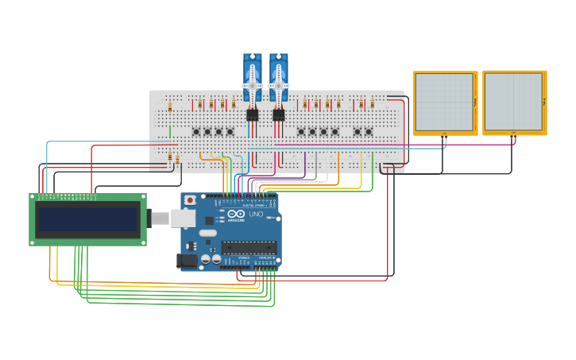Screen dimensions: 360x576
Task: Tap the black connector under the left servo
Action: pos(252,115)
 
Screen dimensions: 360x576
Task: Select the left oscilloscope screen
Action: pos(445,102)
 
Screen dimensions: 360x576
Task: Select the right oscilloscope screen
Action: pos(514,102)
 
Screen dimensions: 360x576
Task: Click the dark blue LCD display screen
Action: pos(88,219)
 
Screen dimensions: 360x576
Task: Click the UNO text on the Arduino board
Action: pos(256,215)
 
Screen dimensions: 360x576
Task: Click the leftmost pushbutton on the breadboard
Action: pos(196,131)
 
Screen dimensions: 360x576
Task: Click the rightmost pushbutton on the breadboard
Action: pos(369,131)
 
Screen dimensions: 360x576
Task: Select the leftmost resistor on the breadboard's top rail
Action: pos(169,106)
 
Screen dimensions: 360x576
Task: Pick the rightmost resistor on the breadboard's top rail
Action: pos(372,104)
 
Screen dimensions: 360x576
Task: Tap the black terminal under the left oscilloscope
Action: pos(442,136)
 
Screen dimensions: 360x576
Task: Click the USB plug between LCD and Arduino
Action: pos(159,218)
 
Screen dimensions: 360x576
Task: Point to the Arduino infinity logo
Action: pos(236,215)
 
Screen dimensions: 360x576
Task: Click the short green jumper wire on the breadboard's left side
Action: pos(170,132)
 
